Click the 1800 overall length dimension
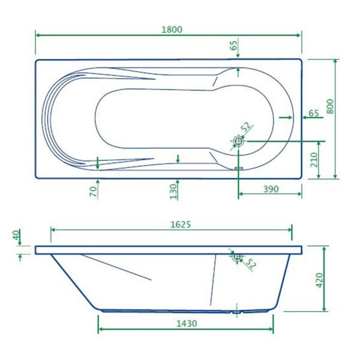[172, 29]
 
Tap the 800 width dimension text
[330, 106]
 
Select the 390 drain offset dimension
[271, 189]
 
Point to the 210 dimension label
[314, 160]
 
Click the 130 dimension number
[173, 191]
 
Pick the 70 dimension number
[93, 192]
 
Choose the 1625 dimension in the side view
[181, 224]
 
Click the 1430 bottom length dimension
[187, 323]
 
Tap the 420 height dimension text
[319, 280]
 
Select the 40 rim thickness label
[16, 235]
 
